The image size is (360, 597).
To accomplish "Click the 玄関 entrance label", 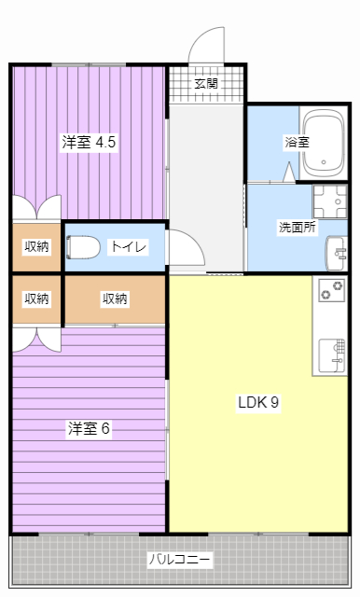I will pyautogui.click(x=206, y=83).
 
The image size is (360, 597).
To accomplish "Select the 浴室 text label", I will pyautogui.click(x=297, y=143).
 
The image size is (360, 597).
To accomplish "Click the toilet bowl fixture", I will pyautogui.click(x=84, y=247).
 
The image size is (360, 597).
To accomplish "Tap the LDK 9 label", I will pyautogui.click(x=258, y=403).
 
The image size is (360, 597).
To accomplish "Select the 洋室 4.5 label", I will pyautogui.click(x=90, y=143).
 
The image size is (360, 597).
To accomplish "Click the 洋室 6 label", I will pyautogui.click(x=90, y=428).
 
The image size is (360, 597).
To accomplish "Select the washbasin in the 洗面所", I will pyautogui.click(x=337, y=250).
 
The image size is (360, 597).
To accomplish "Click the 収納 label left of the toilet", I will pyautogui.click(x=36, y=246).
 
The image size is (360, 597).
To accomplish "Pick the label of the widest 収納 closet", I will pyautogui.click(x=115, y=298).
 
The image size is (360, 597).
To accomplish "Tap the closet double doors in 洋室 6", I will pyautogui.click(x=36, y=338).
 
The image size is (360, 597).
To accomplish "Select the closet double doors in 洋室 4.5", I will pyautogui.click(x=36, y=207).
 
